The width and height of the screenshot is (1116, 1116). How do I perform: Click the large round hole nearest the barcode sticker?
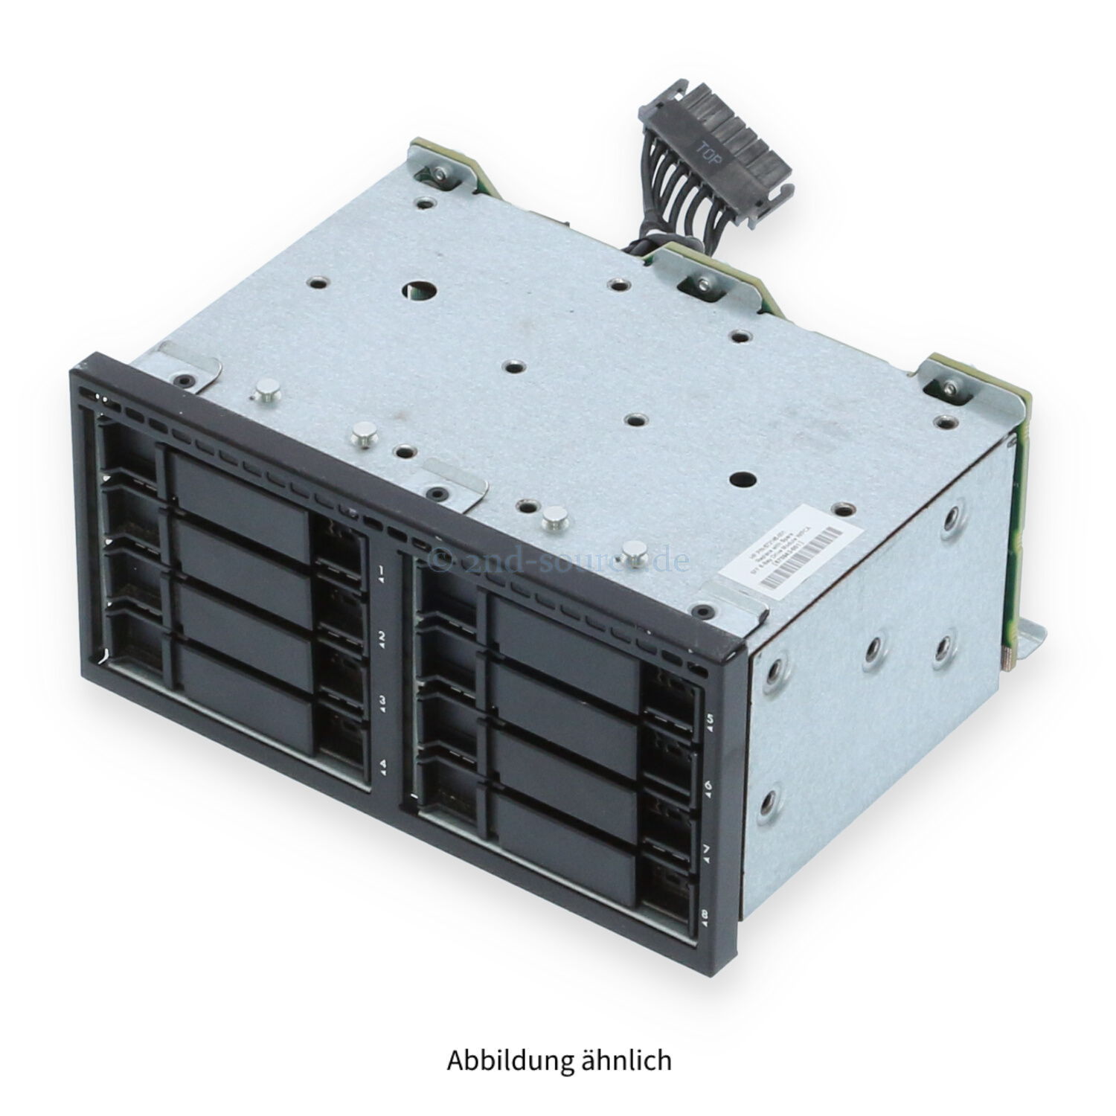pyautogui.click(x=743, y=482)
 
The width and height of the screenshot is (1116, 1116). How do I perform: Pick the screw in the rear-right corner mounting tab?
pyautogui.click(x=950, y=387)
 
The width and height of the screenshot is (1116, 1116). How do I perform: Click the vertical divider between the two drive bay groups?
pyautogui.click(x=394, y=670)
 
